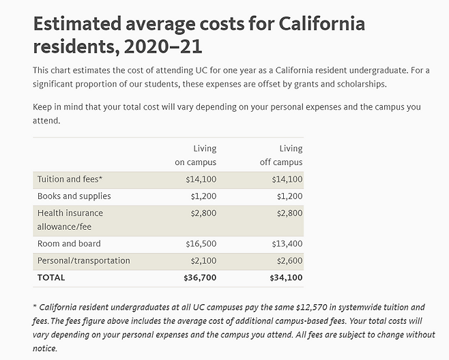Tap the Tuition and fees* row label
pyautogui.click(x=70, y=179)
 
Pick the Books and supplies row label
pyautogui.click(x=74, y=196)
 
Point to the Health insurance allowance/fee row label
pyautogui.click(x=70, y=219)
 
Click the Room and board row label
pyautogui.click(x=69, y=243)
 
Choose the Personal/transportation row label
pyautogui.click(x=83, y=260)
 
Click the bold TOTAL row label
pyautogui.click(x=51, y=277)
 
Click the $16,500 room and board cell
pyautogui.click(x=201, y=243)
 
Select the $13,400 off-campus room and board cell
pyautogui.click(x=287, y=243)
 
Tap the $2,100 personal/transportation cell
pyautogui.click(x=203, y=260)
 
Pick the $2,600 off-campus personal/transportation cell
pyautogui.click(x=289, y=260)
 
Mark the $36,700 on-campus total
pyautogui.click(x=200, y=277)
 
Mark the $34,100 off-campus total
pyautogui.click(x=286, y=277)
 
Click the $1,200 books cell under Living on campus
pyautogui.click(x=203, y=196)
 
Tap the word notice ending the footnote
pyautogui.click(x=46, y=348)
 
